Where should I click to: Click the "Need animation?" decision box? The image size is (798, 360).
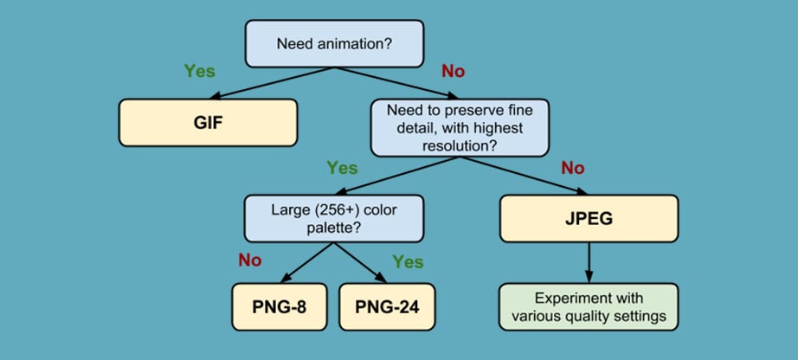334,43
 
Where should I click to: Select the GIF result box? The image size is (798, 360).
208,123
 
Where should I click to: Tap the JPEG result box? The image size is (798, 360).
589,218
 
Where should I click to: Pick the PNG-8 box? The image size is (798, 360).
280,307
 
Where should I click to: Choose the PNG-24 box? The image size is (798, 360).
387,307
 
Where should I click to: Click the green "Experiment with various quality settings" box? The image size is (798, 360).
589,307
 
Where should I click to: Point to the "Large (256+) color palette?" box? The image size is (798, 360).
334,218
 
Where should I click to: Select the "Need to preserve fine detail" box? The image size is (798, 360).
460,128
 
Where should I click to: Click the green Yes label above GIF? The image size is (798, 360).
199,71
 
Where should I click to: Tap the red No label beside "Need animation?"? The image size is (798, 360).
453,71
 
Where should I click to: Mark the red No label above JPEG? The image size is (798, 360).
573,168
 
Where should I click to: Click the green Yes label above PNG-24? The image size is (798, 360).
408,261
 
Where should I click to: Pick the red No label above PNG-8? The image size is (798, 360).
250,260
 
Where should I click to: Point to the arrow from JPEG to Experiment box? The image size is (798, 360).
589,263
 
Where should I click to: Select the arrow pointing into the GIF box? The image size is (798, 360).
272,83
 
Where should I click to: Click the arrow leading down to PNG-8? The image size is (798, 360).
307,263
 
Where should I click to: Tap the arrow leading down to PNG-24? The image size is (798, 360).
361,263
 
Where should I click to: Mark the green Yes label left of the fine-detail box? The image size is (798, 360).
342,168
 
